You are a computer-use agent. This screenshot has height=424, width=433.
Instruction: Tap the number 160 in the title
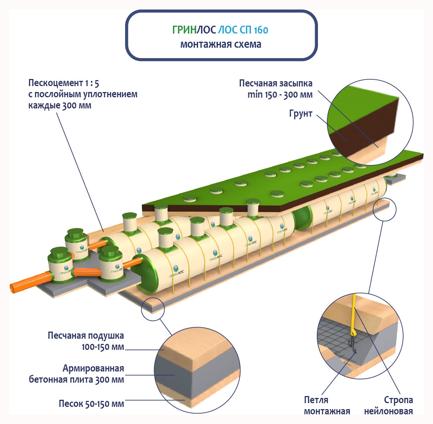point(261,30)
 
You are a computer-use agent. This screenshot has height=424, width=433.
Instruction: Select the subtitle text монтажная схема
point(220,44)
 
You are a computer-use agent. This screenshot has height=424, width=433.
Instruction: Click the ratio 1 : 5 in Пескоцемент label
point(92,83)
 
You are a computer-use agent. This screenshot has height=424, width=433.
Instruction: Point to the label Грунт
point(300,114)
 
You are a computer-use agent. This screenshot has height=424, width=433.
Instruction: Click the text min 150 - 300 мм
point(280,95)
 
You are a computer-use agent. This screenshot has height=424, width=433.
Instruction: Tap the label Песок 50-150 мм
point(91,404)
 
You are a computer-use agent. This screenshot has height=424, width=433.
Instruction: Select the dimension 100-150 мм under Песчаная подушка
point(103,347)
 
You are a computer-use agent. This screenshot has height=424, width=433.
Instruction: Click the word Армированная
point(93,368)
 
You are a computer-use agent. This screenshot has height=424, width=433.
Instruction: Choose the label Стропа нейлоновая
point(388,405)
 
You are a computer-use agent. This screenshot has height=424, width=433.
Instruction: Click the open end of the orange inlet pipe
point(13,288)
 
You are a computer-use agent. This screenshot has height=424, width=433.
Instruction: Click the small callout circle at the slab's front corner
point(153,309)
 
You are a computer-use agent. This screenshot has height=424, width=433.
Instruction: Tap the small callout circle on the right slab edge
point(385,209)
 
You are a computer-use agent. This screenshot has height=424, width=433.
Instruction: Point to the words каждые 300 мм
point(60,105)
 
